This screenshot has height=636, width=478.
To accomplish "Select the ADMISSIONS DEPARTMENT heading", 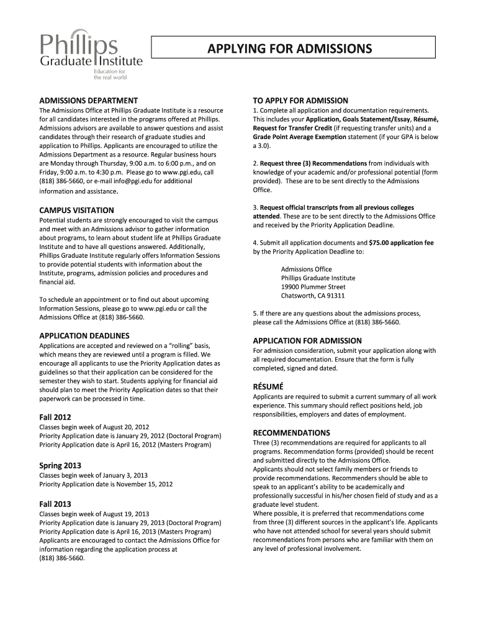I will coord(88,101).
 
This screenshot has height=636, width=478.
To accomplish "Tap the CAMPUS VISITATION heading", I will coord(76,211).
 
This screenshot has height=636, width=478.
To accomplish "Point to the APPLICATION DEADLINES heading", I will coord(84,336).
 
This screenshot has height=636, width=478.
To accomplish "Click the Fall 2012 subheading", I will coord(55,417).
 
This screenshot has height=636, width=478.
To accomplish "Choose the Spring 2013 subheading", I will coord(60,465).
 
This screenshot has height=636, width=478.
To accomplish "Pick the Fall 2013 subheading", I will coord(55,504).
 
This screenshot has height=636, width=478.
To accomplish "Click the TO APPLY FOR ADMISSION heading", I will coord(300,101).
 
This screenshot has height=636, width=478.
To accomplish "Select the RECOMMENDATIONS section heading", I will coord(291,432).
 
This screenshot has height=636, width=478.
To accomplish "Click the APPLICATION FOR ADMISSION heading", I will coord(307,341).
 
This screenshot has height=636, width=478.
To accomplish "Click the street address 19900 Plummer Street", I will coord(313,287).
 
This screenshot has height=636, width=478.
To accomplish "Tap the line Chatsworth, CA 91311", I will coord(313,296).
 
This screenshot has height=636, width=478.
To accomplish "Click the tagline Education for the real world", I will coord(110,75).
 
